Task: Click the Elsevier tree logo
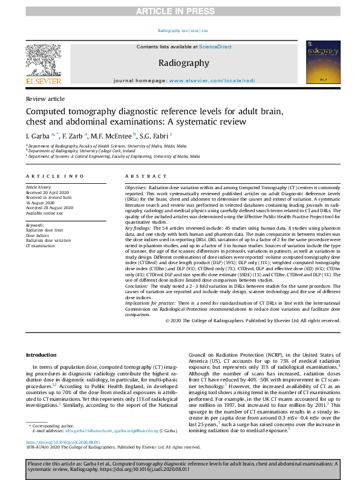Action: click(x=43, y=60)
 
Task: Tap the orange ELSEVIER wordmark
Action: click(x=43, y=81)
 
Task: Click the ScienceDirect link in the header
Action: click(x=215, y=47)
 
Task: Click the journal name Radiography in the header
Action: click(x=183, y=63)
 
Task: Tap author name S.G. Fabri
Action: click(x=154, y=135)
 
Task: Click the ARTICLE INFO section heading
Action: click(x=54, y=176)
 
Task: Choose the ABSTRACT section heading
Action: click(x=141, y=176)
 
